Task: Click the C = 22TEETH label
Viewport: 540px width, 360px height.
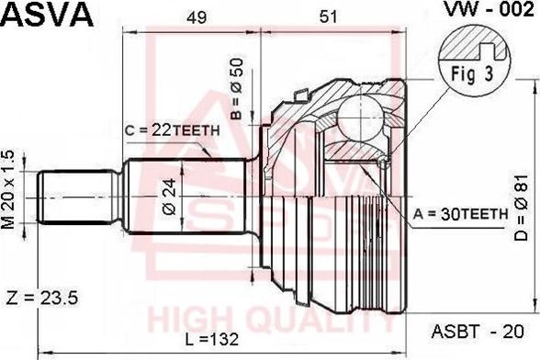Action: pyautogui.click(x=172, y=129)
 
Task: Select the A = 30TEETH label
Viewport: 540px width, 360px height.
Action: pyautogui.click(x=460, y=213)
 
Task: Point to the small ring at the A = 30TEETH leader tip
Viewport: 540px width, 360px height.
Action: pyautogui.click(x=383, y=163)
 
